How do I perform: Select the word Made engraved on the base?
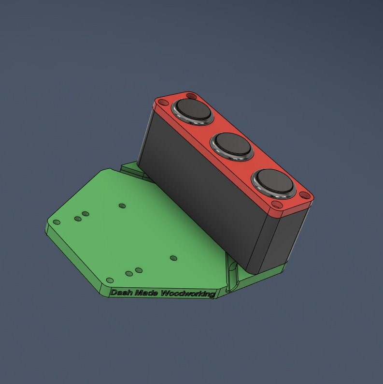147,293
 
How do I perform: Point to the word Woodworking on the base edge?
188,294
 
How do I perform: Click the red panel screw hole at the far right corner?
304,196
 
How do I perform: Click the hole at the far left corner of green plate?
57,222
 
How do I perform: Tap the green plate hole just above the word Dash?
110,281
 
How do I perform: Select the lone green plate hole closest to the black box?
173,258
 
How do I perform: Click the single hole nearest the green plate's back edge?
122,206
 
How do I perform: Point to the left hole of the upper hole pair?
77,219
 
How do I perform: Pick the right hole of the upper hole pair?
85,213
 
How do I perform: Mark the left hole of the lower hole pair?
129,274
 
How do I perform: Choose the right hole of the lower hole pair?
139,270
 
